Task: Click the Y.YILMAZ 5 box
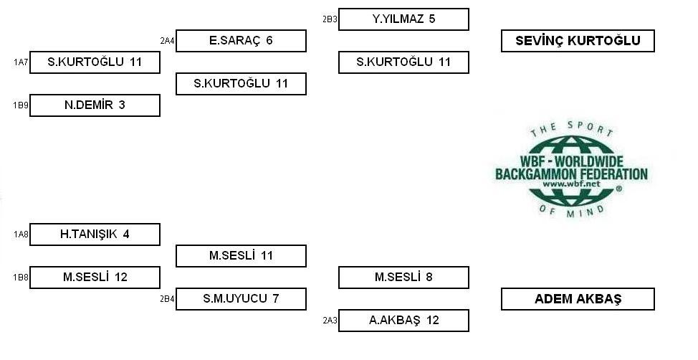click(x=403, y=19)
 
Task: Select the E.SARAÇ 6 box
click(x=241, y=41)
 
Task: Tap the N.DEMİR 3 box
click(x=95, y=105)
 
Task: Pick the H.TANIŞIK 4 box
click(x=95, y=235)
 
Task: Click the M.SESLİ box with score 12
click(x=95, y=277)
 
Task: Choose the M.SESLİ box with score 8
click(x=403, y=277)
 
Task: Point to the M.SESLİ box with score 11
click(x=241, y=256)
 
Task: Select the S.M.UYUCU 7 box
click(x=241, y=298)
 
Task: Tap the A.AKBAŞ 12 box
click(x=403, y=321)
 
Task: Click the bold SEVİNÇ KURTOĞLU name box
click(x=578, y=41)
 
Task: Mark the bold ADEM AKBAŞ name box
click(x=578, y=298)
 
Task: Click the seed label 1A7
click(x=21, y=62)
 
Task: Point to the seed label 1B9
click(x=21, y=105)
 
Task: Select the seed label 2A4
click(x=167, y=41)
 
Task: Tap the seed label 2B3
click(x=330, y=19)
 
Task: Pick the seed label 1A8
click(x=21, y=235)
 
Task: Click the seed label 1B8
click(x=21, y=277)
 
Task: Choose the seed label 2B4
click(x=167, y=298)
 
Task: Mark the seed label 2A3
click(x=330, y=321)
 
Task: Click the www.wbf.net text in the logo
click(x=571, y=184)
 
